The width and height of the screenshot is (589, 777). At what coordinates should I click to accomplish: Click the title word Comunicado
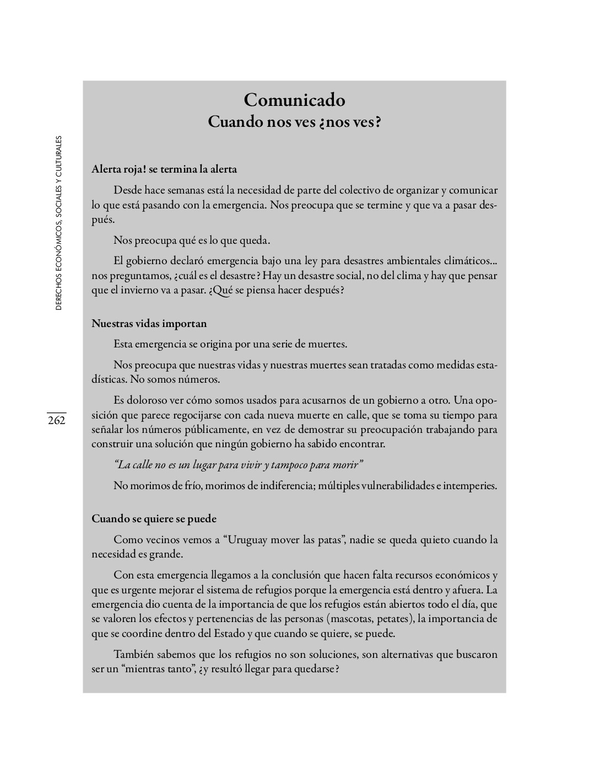coord(294,100)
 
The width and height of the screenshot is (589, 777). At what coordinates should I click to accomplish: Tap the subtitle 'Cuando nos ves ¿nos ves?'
coord(294,122)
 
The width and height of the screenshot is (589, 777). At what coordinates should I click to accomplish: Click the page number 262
coord(56,421)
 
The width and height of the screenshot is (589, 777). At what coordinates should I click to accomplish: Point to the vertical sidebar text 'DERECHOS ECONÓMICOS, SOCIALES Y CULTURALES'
coord(59,223)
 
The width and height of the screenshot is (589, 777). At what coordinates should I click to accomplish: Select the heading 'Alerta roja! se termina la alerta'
coord(164,169)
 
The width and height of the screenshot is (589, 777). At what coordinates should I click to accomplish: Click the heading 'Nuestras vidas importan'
coord(149,323)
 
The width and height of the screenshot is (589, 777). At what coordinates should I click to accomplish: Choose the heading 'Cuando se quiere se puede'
coord(154,519)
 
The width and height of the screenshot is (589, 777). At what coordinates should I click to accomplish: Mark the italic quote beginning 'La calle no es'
coord(238,465)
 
